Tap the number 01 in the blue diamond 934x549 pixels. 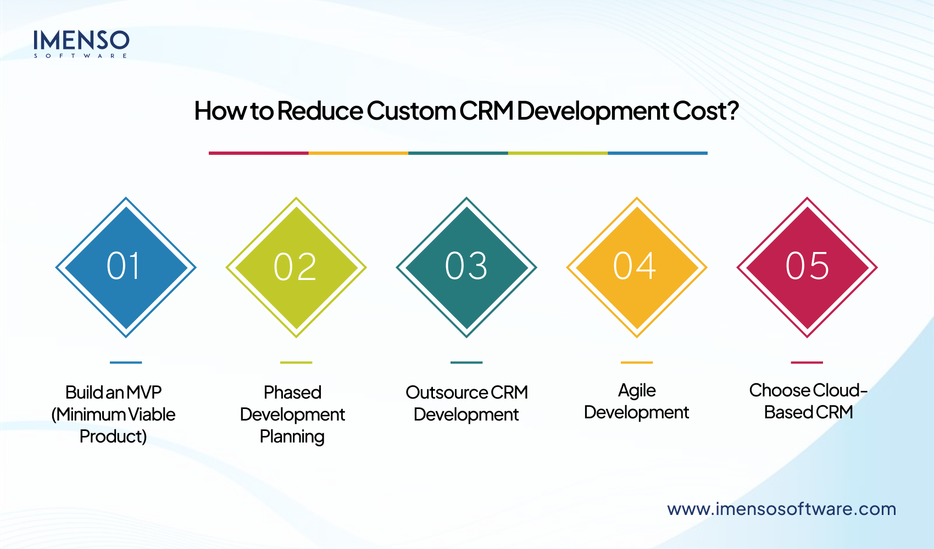pyautogui.click(x=124, y=266)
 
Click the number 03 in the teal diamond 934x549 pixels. pyautogui.click(x=466, y=266)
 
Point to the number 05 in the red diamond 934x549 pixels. pyautogui.click(x=807, y=266)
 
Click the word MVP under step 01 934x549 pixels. pyautogui.click(x=144, y=393)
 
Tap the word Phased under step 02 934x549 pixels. pyautogui.click(x=292, y=393)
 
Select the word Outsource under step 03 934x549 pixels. pyautogui.click(x=447, y=393)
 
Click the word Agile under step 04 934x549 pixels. pyautogui.click(x=637, y=390)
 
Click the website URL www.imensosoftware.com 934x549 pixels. pyautogui.click(x=781, y=509)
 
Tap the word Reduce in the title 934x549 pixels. pyautogui.click(x=320, y=111)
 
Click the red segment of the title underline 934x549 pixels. pyautogui.click(x=258, y=153)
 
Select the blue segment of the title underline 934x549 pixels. pyautogui.click(x=658, y=153)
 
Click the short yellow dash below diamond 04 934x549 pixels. pyautogui.click(x=636, y=362)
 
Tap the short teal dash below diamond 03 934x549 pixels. pyautogui.click(x=466, y=362)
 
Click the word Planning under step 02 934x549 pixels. pyautogui.click(x=292, y=437)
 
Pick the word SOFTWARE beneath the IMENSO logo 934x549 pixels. pyautogui.click(x=81, y=56)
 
